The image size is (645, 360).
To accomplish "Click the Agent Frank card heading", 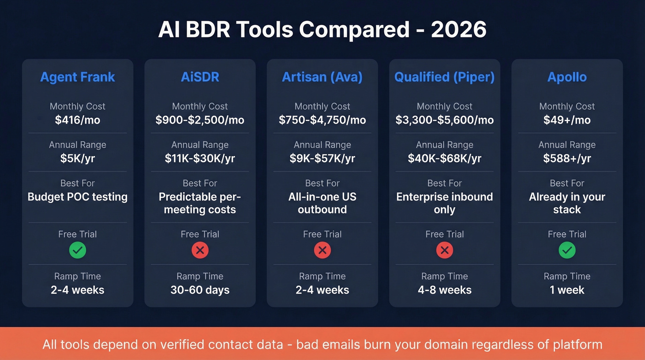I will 77,77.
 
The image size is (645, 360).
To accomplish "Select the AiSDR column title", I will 200,77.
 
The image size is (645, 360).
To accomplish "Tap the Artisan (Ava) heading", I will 322,77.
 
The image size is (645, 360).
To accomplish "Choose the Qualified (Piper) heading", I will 444,77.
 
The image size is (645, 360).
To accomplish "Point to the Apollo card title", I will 567,77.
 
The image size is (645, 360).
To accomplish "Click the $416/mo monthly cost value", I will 77,120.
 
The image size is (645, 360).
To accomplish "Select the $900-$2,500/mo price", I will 200,120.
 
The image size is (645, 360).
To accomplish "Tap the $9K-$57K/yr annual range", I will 322,159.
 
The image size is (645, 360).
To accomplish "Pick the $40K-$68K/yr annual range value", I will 444,159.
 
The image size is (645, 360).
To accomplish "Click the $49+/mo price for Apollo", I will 567,120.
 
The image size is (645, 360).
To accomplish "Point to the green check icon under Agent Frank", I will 77,250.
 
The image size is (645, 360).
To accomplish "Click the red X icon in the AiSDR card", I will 200,250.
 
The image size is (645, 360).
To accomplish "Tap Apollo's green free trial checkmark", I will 567,250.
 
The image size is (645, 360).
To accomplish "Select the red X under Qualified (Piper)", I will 444,250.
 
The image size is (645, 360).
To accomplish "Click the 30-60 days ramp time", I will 200,290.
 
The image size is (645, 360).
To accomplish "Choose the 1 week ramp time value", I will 567,290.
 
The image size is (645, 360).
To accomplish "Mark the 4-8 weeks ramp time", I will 444,290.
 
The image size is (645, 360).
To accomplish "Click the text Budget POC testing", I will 77,197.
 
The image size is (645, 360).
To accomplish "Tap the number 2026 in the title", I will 458,30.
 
